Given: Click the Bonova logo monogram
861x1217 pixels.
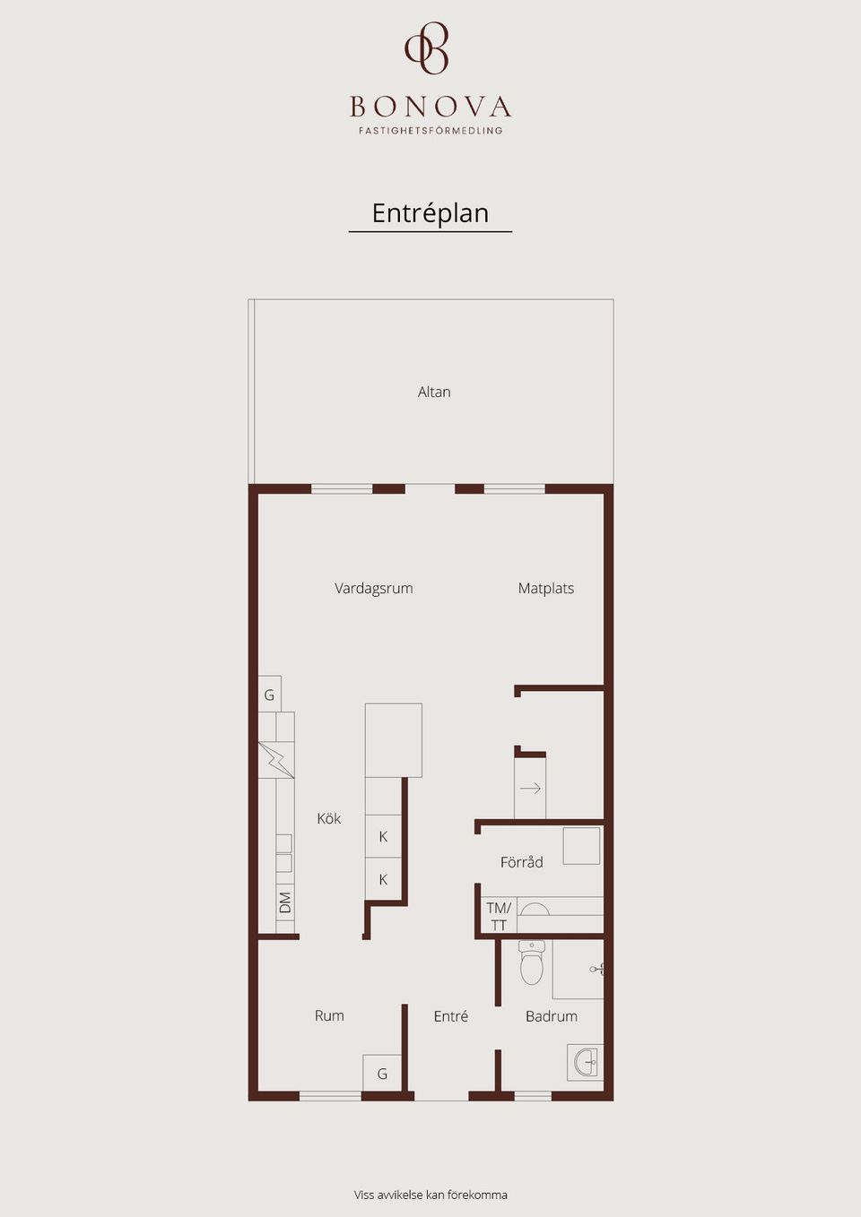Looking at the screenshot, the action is (x=427, y=47).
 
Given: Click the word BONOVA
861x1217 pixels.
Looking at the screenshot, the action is (x=430, y=107).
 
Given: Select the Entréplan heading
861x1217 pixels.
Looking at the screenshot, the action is (x=430, y=213).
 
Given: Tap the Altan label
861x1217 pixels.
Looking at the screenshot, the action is (x=434, y=392).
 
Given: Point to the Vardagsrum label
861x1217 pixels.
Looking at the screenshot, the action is (x=374, y=589).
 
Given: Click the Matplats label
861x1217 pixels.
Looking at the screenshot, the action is (x=546, y=589).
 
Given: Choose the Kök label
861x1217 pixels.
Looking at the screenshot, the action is (x=329, y=818).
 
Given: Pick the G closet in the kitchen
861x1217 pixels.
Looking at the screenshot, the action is (x=270, y=695).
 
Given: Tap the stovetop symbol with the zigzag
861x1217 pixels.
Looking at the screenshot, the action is (x=276, y=760).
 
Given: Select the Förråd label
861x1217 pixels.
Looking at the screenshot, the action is (x=522, y=862).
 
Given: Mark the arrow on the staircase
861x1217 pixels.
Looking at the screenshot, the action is (x=531, y=789).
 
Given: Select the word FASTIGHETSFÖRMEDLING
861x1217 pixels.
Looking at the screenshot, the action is (x=430, y=131).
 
